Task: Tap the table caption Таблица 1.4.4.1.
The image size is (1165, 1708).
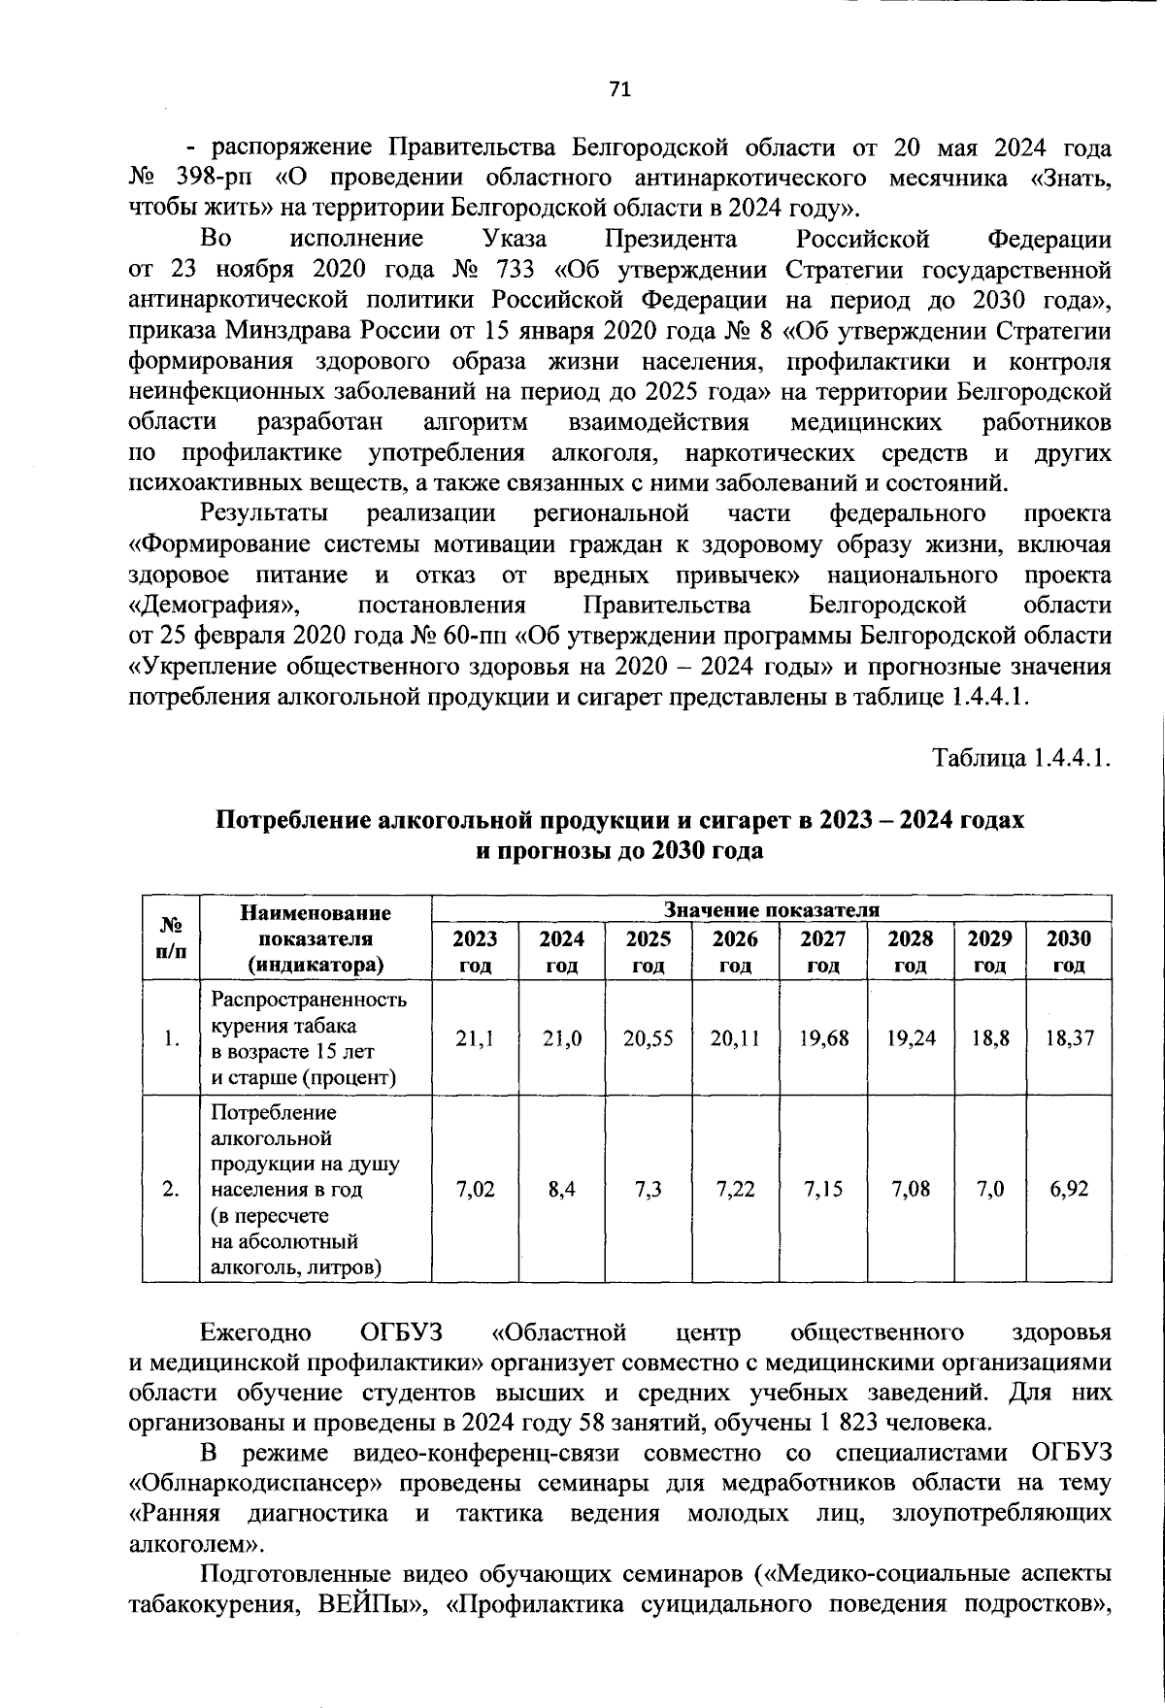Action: click(x=1021, y=756)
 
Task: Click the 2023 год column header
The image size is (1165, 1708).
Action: click(x=475, y=951)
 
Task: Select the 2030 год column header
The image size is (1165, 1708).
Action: click(x=1069, y=951)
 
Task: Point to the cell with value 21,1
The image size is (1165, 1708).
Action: click(x=475, y=1037)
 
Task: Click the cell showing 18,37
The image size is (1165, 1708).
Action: click(x=1069, y=1037)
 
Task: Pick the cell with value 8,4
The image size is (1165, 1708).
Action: click(x=561, y=1189)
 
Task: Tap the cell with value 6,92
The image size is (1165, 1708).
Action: click(x=1069, y=1189)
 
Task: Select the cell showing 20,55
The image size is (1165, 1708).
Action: click(x=648, y=1037)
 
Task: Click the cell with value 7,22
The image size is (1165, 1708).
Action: click(x=735, y=1189)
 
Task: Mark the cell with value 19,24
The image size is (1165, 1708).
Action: click(x=911, y=1037)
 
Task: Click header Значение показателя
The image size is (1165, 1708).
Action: click(x=771, y=909)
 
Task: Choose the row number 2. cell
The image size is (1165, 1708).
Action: click(x=171, y=1189)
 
